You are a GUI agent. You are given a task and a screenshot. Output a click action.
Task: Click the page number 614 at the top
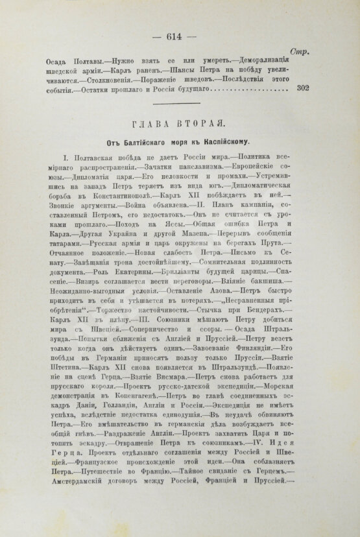[180, 36]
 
